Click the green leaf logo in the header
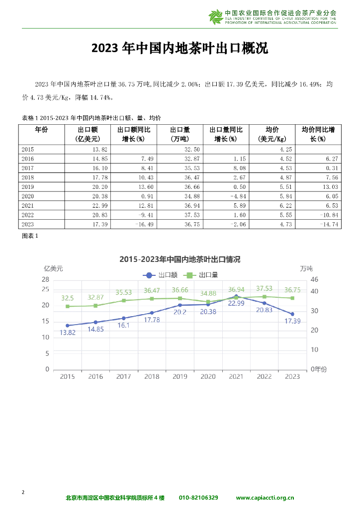click(216, 17)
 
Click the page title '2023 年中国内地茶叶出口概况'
click(180, 48)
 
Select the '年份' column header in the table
click(41, 129)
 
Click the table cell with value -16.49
click(135, 225)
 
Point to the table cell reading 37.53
click(179, 215)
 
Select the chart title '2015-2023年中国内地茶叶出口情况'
click(180, 259)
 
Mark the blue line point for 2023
click(292, 314)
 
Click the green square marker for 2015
click(68, 306)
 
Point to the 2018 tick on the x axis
click(152, 377)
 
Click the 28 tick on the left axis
click(45, 280)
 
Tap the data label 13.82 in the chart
click(68, 333)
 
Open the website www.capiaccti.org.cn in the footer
click(265, 498)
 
